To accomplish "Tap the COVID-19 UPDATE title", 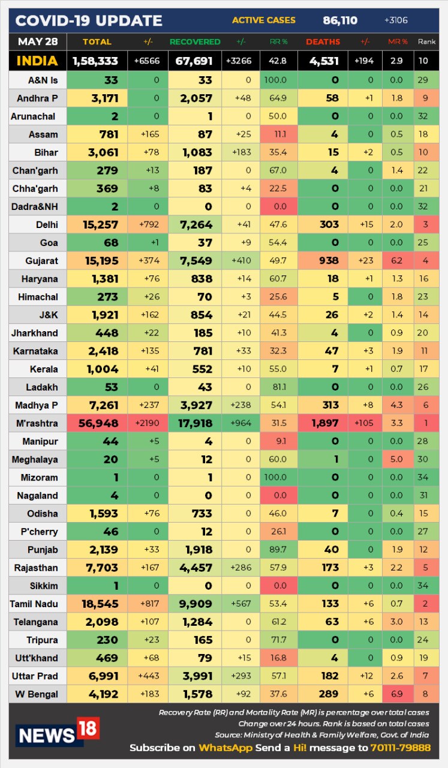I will [x=89, y=21].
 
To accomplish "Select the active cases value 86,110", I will [x=340, y=21].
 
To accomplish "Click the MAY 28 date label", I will [x=37, y=41].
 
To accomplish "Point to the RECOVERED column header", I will [x=195, y=42].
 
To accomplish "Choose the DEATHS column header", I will [x=323, y=42].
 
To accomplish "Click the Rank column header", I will [x=426, y=42].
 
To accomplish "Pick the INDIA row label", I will [x=37, y=61].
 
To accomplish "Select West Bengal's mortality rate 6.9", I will [x=397, y=694].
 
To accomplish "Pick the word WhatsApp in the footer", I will [x=225, y=748].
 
